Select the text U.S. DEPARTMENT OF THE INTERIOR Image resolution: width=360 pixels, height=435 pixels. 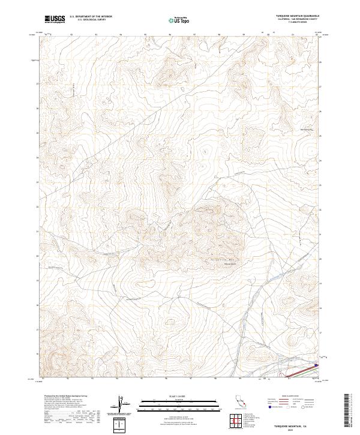point(91,17)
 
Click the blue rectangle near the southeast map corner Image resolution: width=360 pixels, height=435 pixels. point(317,363)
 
